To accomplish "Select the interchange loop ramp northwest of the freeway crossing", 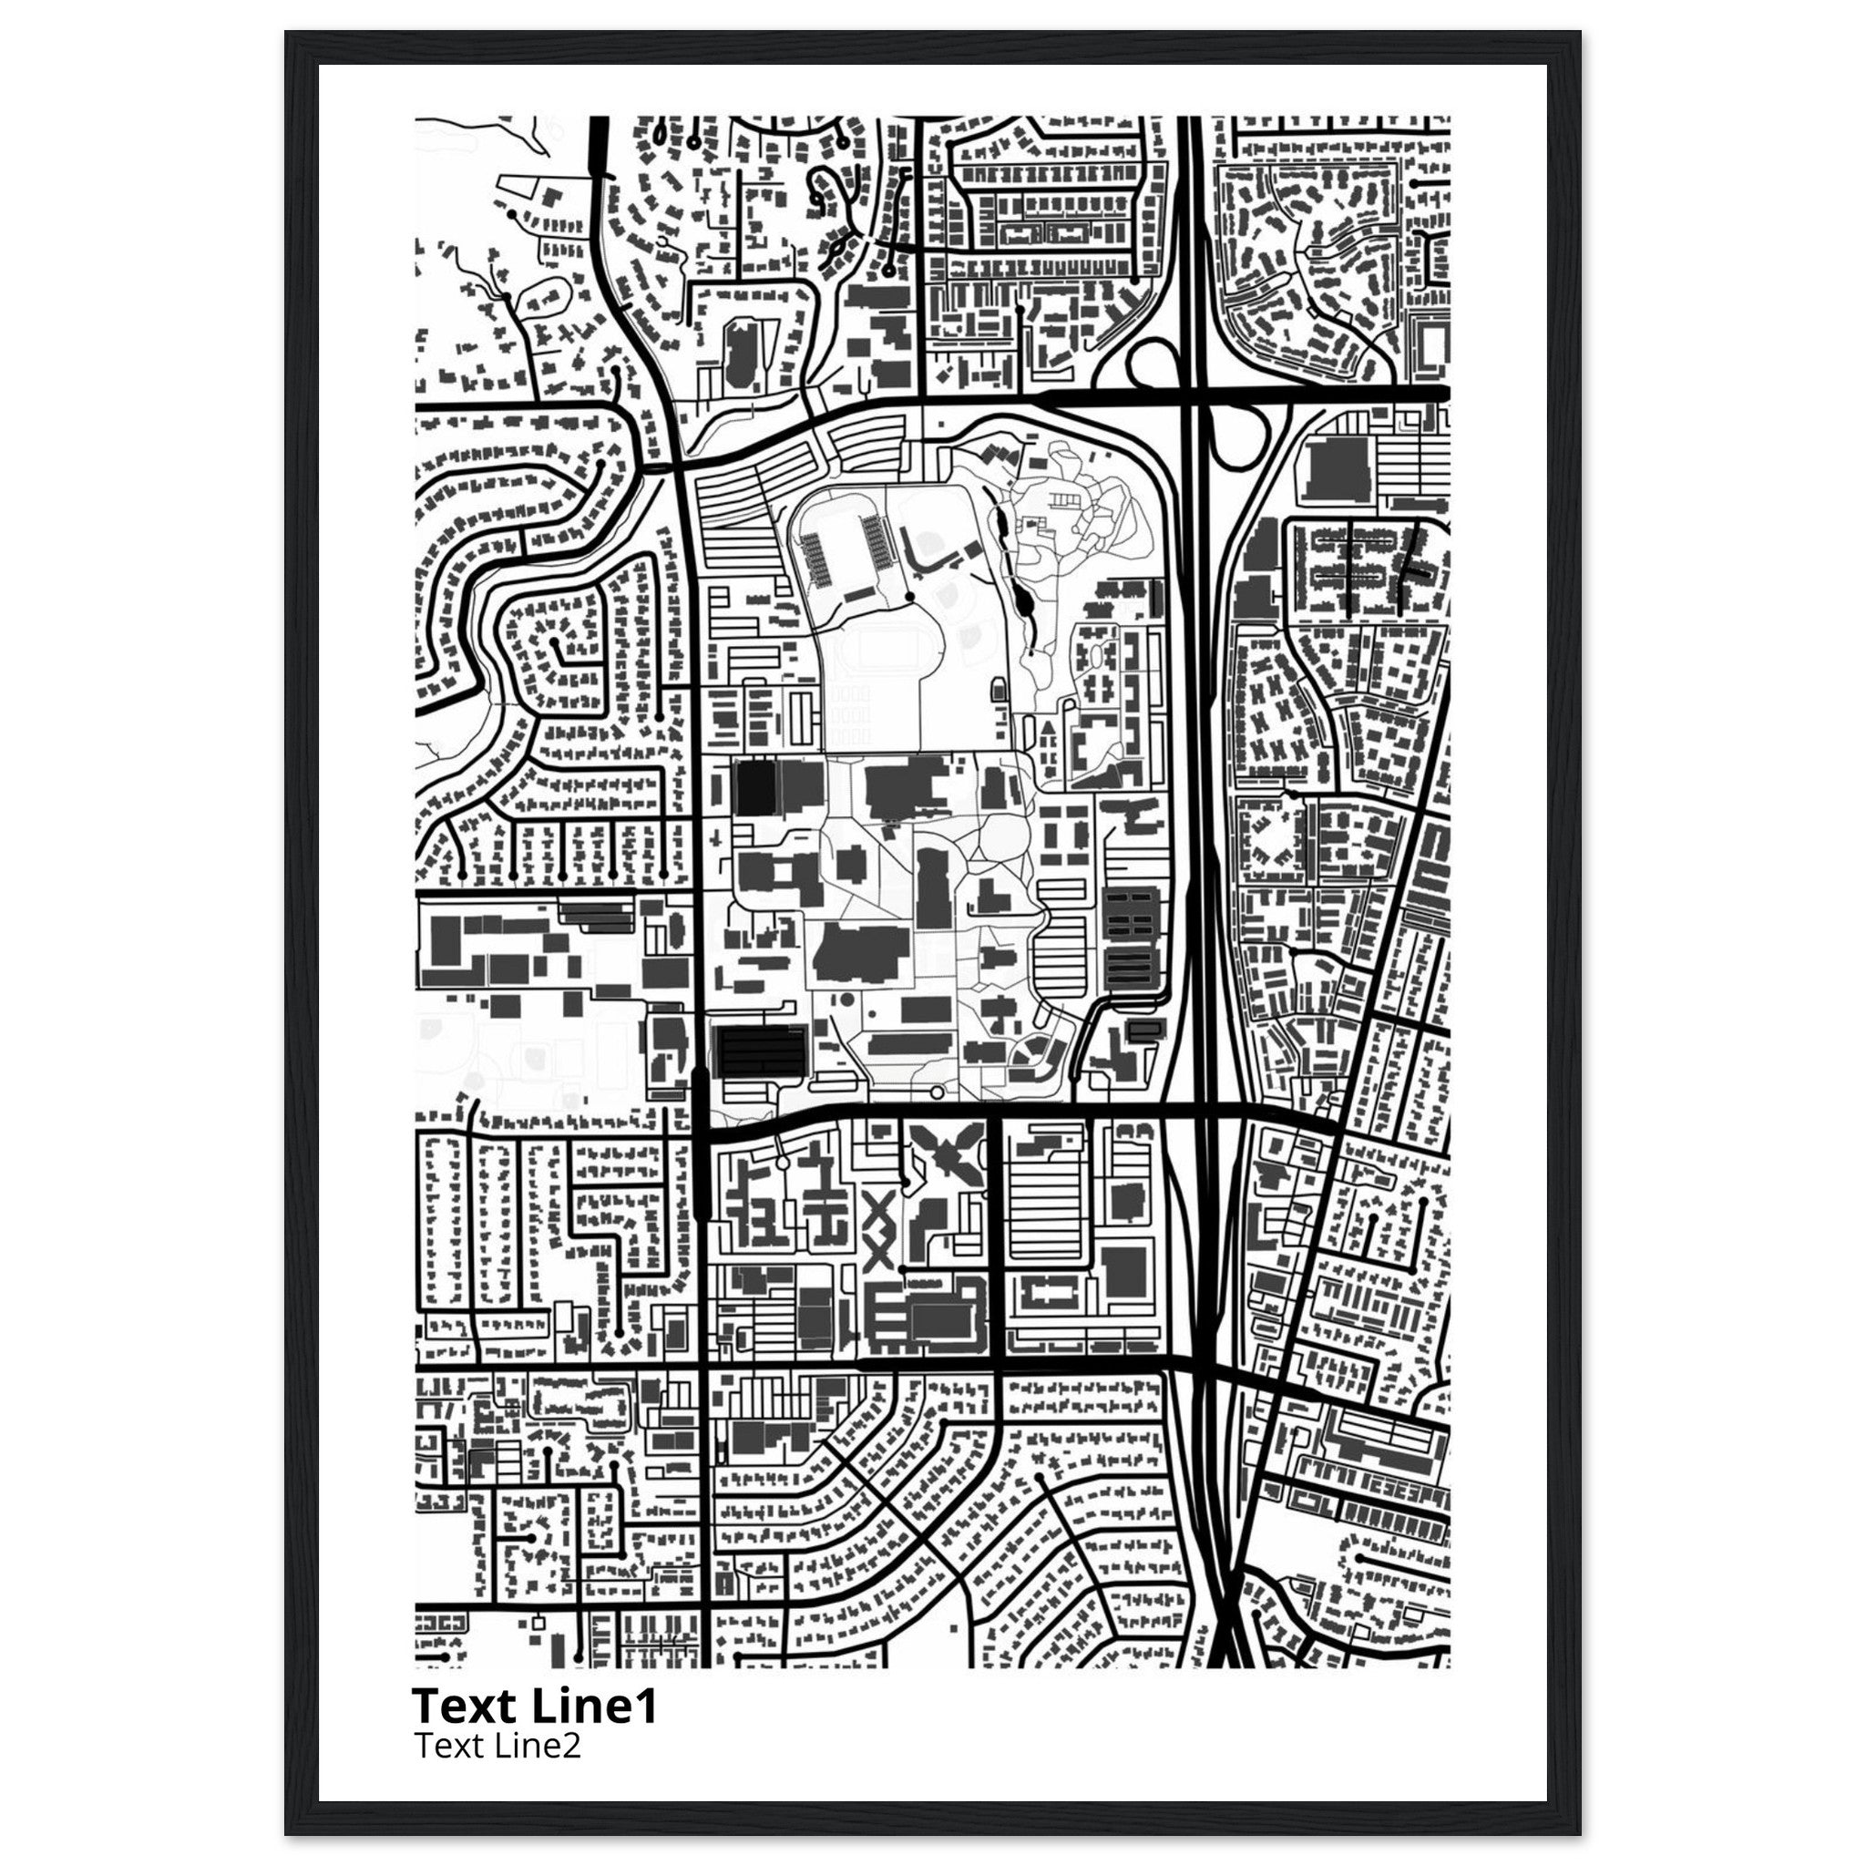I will [1153, 367].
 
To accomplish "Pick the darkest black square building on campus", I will [755, 787].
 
